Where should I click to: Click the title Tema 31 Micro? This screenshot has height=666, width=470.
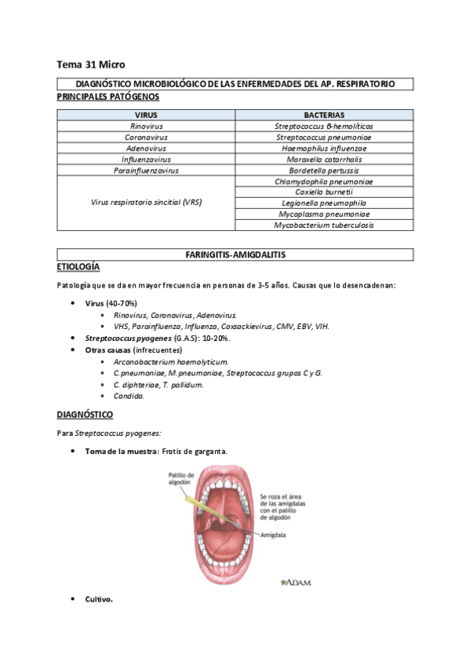point(91,64)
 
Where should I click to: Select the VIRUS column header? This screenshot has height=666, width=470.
point(146,115)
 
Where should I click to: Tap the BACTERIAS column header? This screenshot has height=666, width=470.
point(323,115)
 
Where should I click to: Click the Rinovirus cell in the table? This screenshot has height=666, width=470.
point(146,126)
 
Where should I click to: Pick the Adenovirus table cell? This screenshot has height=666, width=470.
point(146,148)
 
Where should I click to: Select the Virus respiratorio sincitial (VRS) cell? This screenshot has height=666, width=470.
point(146,203)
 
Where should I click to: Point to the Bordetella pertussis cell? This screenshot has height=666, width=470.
point(323,170)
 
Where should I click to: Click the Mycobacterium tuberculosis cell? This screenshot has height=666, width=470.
point(323,225)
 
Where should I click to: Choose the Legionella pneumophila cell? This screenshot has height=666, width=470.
point(323,203)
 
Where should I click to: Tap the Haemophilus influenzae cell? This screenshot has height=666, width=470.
point(323,148)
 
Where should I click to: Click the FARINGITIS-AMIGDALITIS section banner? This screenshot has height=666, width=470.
point(235,255)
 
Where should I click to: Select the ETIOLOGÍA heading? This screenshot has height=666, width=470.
point(78,267)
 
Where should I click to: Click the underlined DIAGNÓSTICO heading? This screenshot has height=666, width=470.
point(85,414)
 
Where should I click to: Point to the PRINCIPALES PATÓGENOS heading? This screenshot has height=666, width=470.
point(108,97)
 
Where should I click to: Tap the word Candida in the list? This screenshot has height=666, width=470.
point(129,396)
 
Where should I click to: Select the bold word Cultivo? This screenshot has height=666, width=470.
point(99,599)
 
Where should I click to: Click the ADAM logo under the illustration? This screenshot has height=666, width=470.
point(296,582)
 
